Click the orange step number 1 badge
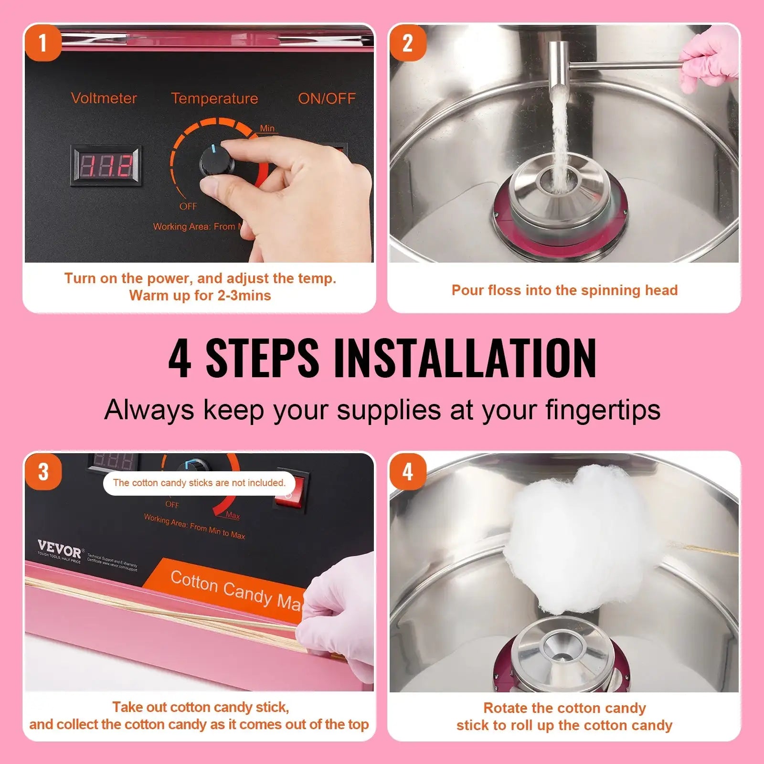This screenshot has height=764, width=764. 43,43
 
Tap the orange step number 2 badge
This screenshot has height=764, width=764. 407,43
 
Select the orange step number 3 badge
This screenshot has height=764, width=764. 43,472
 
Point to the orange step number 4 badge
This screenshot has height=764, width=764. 407,472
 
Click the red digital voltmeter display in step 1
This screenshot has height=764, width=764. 106,166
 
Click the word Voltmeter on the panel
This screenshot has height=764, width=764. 104,98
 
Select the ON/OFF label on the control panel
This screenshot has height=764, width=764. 327,98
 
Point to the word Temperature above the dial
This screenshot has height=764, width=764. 214,98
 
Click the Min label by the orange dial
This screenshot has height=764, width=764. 267,128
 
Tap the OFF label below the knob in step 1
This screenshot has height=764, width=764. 188,206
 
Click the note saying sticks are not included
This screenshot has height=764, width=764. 199,483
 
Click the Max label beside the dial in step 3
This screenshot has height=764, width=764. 233,515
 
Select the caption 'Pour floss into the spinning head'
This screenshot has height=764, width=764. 564,290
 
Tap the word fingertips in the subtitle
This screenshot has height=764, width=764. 603,410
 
